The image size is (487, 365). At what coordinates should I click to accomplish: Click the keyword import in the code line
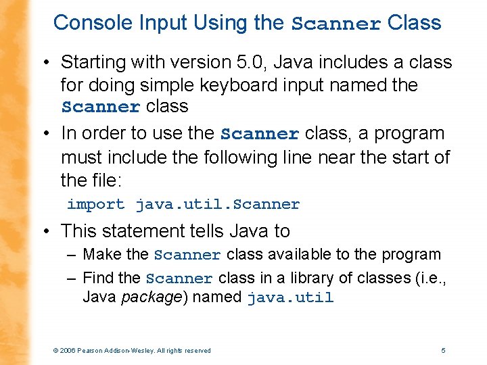[95, 204]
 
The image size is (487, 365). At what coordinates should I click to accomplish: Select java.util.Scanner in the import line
[217, 204]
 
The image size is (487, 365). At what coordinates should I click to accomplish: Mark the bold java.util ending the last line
[290, 298]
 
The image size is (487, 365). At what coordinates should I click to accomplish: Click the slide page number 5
[443, 350]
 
